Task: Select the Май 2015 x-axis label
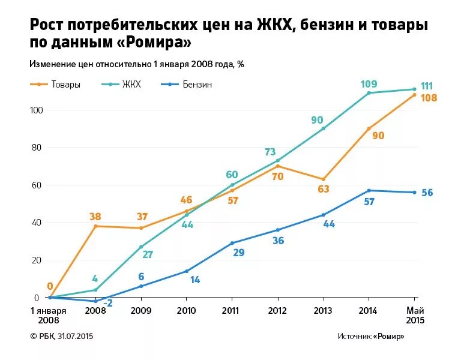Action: (414, 316)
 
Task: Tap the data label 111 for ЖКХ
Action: (427, 86)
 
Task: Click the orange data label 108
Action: (429, 98)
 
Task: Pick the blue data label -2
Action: (107, 304)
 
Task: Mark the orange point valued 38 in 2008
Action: (95, 226)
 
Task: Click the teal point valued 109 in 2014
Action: (369, 93)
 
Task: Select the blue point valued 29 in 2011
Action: (232, 243)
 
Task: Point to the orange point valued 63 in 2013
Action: (323, 179)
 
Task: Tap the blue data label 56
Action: (427, 193)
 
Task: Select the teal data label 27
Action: (147, 254)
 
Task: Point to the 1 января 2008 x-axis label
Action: (49, 316)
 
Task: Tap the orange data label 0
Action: (50, 286)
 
